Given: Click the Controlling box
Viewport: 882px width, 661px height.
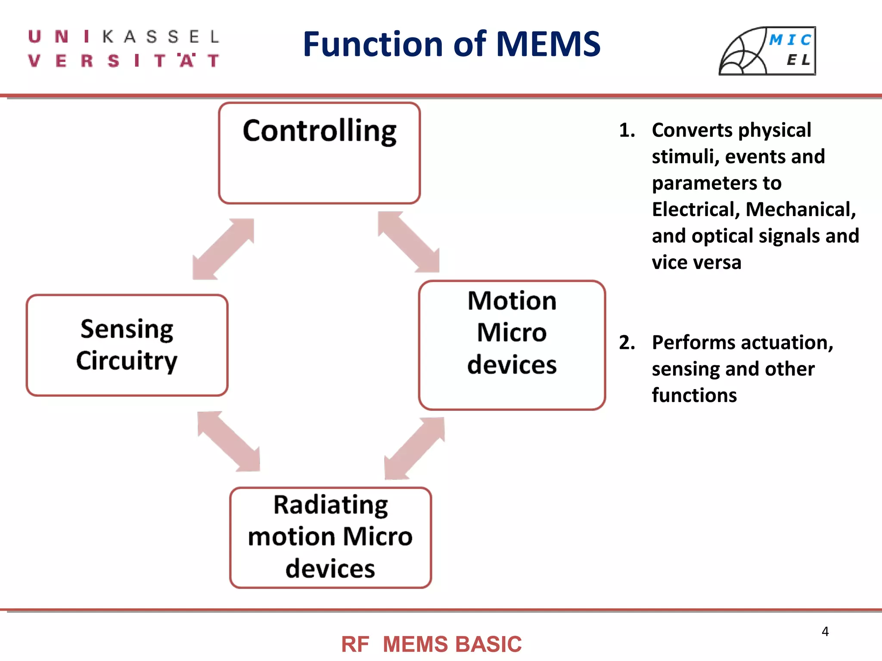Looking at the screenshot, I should tap(319, 153).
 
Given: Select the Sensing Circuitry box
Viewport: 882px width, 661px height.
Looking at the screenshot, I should tap(127, 345).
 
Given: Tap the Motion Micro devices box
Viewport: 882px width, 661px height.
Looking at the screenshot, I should tap(512, 345).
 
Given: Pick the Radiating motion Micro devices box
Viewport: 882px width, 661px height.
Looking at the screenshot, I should tap(330, 537).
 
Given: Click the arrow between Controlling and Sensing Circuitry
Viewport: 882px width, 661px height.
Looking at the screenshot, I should tap(223, 249).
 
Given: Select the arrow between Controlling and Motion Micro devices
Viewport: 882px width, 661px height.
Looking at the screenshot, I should tap(409, 242).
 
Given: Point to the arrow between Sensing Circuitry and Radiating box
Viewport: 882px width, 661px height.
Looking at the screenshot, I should tap(229, 442).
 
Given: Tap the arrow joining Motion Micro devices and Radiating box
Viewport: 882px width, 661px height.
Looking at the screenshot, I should tap(414, 448).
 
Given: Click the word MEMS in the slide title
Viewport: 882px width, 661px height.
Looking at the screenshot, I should tap(548, 44).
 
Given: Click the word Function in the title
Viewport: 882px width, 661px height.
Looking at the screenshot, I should tap(373, 44).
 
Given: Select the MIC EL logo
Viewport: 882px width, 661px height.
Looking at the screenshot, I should tap(767, 51).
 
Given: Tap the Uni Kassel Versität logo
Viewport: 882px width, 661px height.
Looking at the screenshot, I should tap(124, 49).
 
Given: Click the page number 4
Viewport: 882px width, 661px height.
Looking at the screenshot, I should tap(825, 631).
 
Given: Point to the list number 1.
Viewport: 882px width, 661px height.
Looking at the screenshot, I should tap(627, 130).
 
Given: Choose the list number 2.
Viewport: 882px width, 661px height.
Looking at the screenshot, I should tap(627, 343).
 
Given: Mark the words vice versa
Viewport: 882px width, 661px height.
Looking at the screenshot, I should tap(696, 263).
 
